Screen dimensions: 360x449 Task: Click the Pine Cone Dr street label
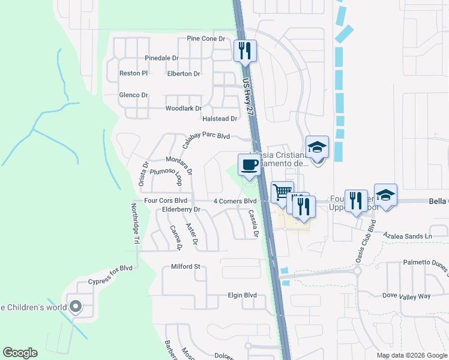point(205,38)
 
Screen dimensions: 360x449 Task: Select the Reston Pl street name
point(133,73)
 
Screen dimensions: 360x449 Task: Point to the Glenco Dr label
point(133,95)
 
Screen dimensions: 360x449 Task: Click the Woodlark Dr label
point(183,109)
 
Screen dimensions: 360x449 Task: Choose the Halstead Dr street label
point(220,119)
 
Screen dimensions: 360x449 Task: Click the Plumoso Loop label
point(165,176)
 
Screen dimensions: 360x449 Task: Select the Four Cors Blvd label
point(166,200)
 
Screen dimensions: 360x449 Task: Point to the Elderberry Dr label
point(181,209)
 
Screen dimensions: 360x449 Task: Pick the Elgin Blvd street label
point(242,295)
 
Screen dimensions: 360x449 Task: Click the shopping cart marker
point(282,193)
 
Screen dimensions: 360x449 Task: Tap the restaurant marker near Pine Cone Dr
point(245,51)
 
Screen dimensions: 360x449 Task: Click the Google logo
point(20,353)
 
